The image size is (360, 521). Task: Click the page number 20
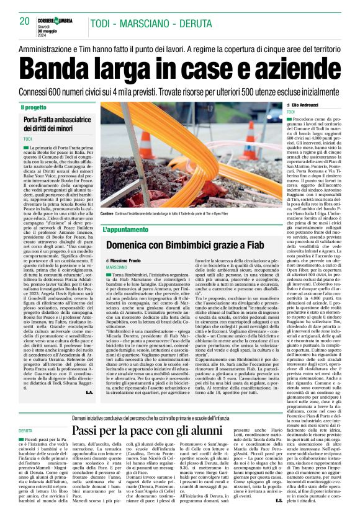(x=25, y=21)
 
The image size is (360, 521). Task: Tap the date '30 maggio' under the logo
(x=51, y=28)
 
